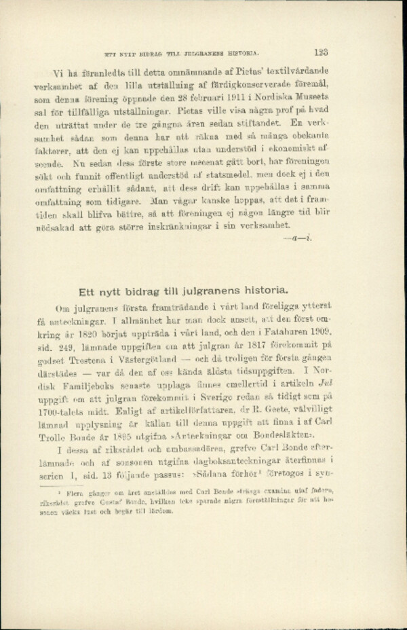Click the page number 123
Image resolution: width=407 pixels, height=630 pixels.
coord(322,50)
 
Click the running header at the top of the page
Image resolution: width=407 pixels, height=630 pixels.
coord(179,52)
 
